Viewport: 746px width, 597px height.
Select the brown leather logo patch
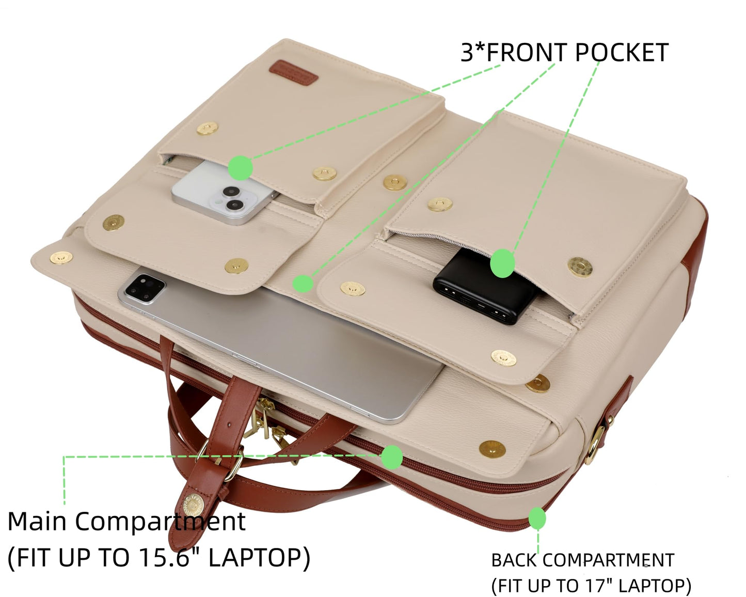(x=294, y=72)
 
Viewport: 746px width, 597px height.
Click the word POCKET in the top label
(x=621, y=53)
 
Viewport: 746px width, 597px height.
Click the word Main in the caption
(x=37, y=522)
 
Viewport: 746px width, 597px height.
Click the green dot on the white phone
(x=240, y=168)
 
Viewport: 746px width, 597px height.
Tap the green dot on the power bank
(x=502, y=263)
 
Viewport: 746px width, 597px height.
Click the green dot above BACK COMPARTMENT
(x=537, y=519)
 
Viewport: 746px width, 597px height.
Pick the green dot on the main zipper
(x=392, y=457)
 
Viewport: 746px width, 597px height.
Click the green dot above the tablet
(x=303, y=284)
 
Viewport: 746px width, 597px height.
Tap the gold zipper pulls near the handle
(x=265, y=425)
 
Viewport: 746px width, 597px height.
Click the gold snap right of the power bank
(x=580, y=267)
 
